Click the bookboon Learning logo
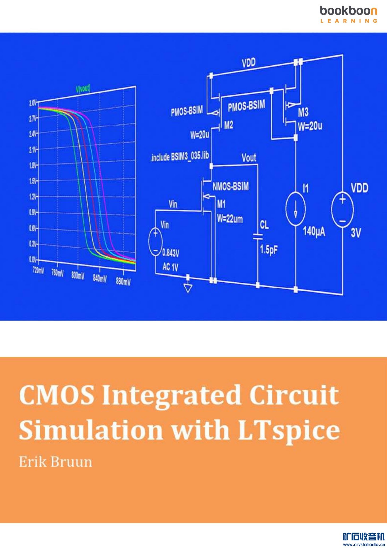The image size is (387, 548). [349, 14]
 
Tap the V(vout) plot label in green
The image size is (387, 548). [83, 88]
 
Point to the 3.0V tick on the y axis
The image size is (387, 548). [32, 103]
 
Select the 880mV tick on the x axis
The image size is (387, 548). [123, 281]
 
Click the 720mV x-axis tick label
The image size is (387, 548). [38, 270]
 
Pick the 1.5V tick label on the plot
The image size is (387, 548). [32, 181]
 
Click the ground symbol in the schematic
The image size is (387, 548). [188, 288]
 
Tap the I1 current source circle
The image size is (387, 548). [295, 209]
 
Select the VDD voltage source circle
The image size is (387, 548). [342, 209]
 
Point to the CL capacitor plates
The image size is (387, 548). [258, 236]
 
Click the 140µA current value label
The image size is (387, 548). [314, 231]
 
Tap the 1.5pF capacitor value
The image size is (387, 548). [269, 249]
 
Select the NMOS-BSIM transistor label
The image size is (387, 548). [231, 186]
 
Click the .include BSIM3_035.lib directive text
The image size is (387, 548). [180, 157]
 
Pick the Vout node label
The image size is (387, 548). [249, 158]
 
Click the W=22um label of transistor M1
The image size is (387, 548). [230, 219]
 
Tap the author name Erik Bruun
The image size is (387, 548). [55, 462]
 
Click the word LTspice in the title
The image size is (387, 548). [289, 431]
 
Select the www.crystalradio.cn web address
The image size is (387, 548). [363, 544]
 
